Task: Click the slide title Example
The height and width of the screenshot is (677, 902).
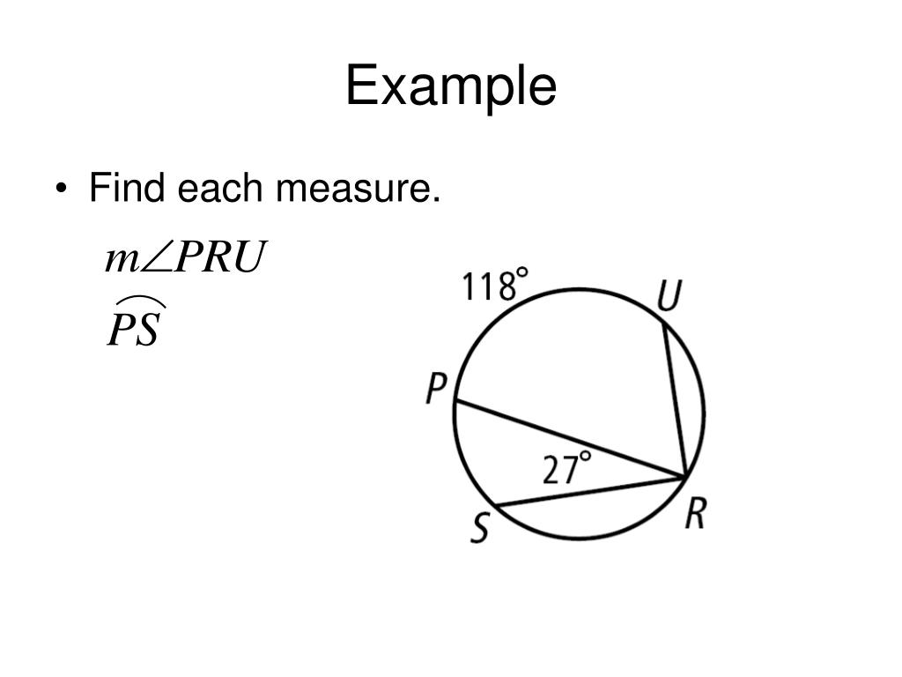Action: tap(451, 87)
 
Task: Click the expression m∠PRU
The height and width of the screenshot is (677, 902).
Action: tap(184, 258)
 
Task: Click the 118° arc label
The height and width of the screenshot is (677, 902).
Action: tap(496, 286)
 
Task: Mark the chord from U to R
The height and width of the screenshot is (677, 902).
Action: tap(675, 401)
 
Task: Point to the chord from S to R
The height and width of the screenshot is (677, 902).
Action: tap(590, 492)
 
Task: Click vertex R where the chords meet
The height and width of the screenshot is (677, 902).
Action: tap(685, 477)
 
